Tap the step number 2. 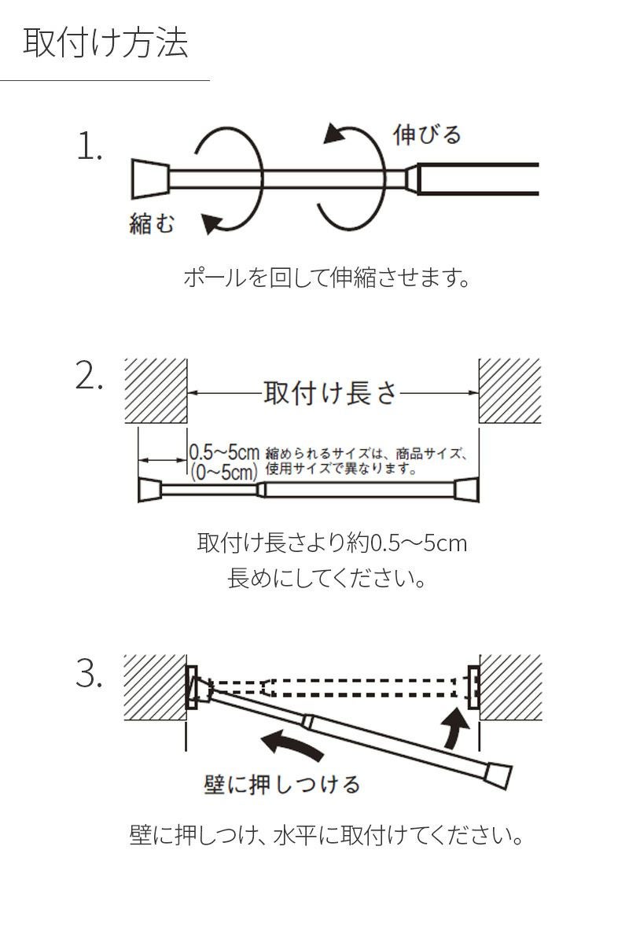[x=90, y=377]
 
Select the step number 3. [x=90, y=674]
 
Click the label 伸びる [x=427, y=134]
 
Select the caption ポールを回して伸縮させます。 [x=326, y=278]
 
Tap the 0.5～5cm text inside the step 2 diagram [x=224, y=453]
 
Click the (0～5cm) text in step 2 [x=224, y=472]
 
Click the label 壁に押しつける [x=282, y=784]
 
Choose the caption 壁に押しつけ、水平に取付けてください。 [x=326, y=834]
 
